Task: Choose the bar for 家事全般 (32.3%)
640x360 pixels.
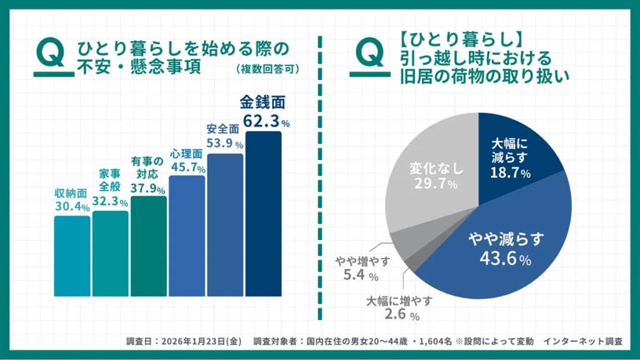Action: click(x=111, y=253)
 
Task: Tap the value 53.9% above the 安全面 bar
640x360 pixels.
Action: click(x=224, y=143)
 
